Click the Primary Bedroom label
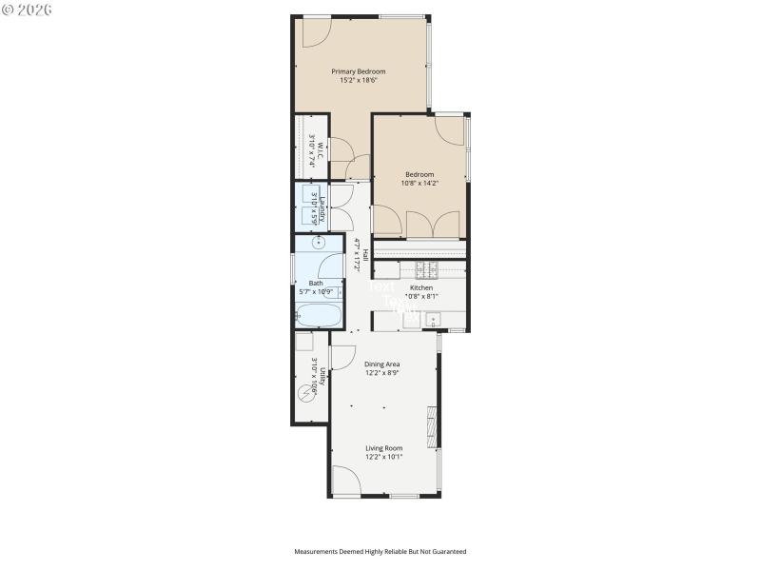click(x=359, y=71)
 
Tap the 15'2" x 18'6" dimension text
click(x=359, y=81)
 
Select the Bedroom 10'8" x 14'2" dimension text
click(x=420, y=183)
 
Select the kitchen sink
click(x=433, y=320)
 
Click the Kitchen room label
click(x=421, y=287)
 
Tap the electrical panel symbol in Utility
click(x=305, y=392)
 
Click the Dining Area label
click(x=382, y=364)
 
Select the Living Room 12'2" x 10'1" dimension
click(x=384, y=457)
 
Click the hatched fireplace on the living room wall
click(x=433, y=425)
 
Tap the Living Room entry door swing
click(x=346, y=480)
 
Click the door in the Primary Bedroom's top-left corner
click(x=317, y=32)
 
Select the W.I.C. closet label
click(x=321, y=150)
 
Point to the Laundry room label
click(x=322, y=207)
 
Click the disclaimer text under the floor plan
click(x=380, y=551)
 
